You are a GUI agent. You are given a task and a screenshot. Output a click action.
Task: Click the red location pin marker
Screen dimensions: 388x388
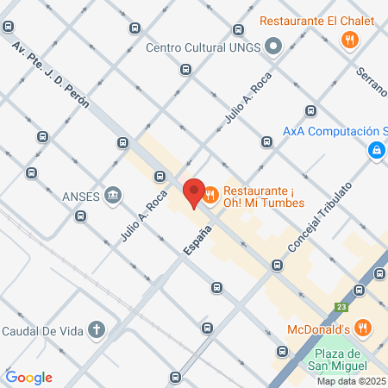pyautogui.click(x=193, y=192)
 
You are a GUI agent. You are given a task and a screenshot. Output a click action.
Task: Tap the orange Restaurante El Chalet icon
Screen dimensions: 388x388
pyautogui.click(x=349, y=39)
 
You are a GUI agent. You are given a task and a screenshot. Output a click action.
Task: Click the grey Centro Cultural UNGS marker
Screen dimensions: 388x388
pyautogui.click(x=273, y=47)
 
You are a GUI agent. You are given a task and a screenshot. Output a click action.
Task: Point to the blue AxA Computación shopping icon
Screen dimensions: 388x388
pyautogui.click(x=377, y=151)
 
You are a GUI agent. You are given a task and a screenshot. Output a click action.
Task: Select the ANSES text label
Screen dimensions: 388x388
pyautogui.click(x=81, y=194)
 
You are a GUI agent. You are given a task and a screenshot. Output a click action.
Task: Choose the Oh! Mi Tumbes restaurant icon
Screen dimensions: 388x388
pyautogui.click(x=210, y=196)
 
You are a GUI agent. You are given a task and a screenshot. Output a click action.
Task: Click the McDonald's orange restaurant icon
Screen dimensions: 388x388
pyautogui.click(x=363, y=329)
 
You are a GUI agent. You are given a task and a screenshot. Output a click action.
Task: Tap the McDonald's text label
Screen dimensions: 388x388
pyautogui.click(x=317, y=329)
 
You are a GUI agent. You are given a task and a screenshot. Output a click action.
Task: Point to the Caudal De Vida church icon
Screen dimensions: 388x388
pyautogui.click(x=97, y=329)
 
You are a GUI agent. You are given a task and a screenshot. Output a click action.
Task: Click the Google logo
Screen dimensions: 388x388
pyautogui.click(x=28, y=378)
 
